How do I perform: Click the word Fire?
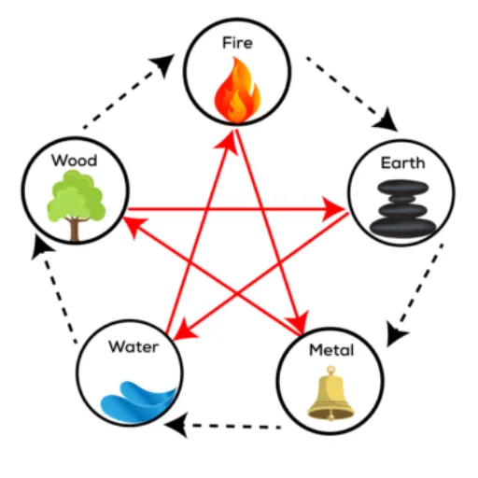[x=237, y=43]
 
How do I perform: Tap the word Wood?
[x=75, y=161]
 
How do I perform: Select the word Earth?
[x=403, y=163]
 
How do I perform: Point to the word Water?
[x=134, y=346]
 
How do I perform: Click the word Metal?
[x=331, y=350]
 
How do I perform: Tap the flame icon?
[x=237, y=90]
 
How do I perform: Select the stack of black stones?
[x=402, y=207]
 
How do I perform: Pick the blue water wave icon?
[x=138, y=401]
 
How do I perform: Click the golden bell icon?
[x=330, y=394]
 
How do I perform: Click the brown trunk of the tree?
[x=74, y=229]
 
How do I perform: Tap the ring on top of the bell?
[x=330, y=371]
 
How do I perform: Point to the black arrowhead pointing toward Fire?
[x=164, y=63]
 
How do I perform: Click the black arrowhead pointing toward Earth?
[x=387, y=120]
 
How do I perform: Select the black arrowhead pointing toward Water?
[x=177, y=425]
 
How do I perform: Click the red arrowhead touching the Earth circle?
[x=333, y=209]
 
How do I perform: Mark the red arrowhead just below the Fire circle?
[x=227, y=142]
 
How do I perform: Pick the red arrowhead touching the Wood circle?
[x=134, y=226]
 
